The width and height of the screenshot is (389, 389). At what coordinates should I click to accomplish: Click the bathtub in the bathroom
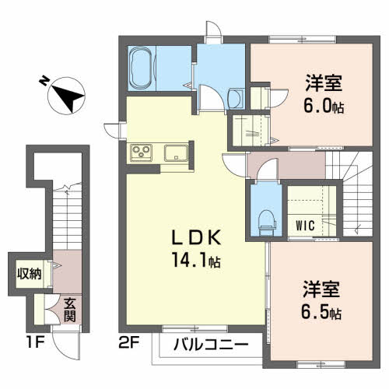tap(142, 68)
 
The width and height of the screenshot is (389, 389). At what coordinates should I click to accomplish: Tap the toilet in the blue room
tap(268, 223)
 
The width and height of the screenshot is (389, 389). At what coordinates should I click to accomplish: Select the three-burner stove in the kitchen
tap(142, 152)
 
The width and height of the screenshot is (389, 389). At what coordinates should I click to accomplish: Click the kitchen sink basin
tap(176, 152)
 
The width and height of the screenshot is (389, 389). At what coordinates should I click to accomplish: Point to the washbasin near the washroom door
tap(237, 98)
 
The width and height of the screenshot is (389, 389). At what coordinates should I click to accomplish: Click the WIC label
tap(305, 226)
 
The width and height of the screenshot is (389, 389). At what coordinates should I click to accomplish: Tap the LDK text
tap(197, 237)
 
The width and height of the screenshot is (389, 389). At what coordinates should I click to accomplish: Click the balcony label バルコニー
tap(211, 345)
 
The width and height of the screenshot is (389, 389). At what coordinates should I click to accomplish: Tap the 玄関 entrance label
tap(69, 310)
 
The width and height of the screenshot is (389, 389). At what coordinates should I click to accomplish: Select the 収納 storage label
tap(30, 274)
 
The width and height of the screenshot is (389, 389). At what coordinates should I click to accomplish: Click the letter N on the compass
tap(44, 81)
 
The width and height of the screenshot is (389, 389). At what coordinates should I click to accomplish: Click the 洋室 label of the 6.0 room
tap(324, 83)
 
